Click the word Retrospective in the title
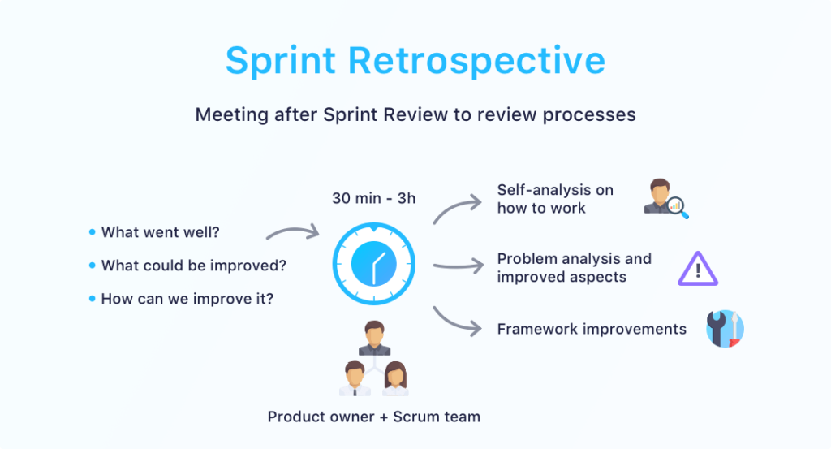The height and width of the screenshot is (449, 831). pyautogui.click(x=476, y=60)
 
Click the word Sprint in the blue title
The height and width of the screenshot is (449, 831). pyautogui.click(x=280, y=60)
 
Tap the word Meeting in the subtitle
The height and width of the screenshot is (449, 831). pyautogui.click(x=231, y=115)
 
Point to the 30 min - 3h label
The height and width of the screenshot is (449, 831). pyautogui.click(x=373, y=198)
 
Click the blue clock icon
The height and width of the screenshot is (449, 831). pyautogui.click(x=373, y=264)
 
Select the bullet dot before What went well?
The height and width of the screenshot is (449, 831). pyautogui.click(x=93, y=232)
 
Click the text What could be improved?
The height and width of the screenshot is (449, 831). pyautogui.click(x=193, y=265)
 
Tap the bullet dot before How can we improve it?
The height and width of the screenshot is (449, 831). pyautogui.click(x=93, y=299)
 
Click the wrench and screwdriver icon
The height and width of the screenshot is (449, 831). pyautogui.click(x=725, y=329)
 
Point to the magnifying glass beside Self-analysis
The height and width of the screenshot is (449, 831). pyautogui.click(x=678, y=207)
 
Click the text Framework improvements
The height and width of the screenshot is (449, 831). pyautogui.click(x=592, y=329)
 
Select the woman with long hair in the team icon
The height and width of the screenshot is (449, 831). pyautogui.click(x=395, y=378)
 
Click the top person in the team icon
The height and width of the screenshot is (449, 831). pyautogui.click(x=374, y=338)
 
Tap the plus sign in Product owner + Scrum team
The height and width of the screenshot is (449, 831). pyautogui.click(x=384, y=417)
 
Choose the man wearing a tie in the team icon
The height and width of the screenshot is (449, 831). pyautogui.click(x=355, y=378)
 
